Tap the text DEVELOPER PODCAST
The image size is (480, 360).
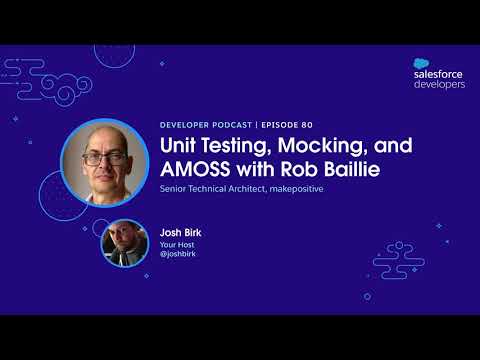tap(206, 125)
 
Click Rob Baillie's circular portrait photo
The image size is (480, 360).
tap(104, 162)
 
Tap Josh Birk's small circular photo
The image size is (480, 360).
tap(125, 242)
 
